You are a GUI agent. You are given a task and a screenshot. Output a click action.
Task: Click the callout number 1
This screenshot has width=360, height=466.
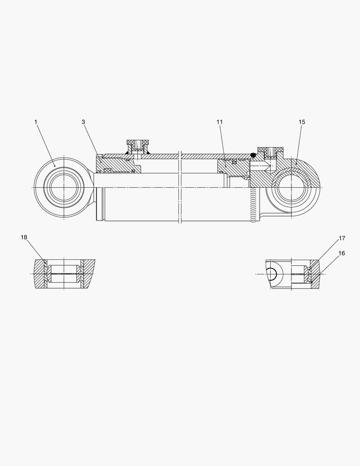coord(36,122)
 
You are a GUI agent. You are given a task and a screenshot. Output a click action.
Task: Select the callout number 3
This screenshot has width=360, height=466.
coord(83,122)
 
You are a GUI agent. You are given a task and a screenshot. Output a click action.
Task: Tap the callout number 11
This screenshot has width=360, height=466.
coord(219,122)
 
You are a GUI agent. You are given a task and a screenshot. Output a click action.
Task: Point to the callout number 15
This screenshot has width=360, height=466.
coord(302,122)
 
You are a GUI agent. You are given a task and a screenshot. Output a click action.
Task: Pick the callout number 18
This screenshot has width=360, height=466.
coord(24,237)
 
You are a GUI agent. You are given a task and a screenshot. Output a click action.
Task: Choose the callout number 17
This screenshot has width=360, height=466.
coord(342,238)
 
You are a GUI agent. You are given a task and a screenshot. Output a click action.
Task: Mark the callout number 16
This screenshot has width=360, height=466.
coord(342,253)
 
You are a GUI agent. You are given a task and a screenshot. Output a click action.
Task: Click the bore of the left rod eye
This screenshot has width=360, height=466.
coord(64,188)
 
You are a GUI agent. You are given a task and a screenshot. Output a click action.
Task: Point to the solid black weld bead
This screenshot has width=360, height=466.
coord(254,154)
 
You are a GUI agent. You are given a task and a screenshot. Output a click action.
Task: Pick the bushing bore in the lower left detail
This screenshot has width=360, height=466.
coord(64,274)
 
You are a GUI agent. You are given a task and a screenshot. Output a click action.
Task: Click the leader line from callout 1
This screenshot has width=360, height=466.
coord(45,145)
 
